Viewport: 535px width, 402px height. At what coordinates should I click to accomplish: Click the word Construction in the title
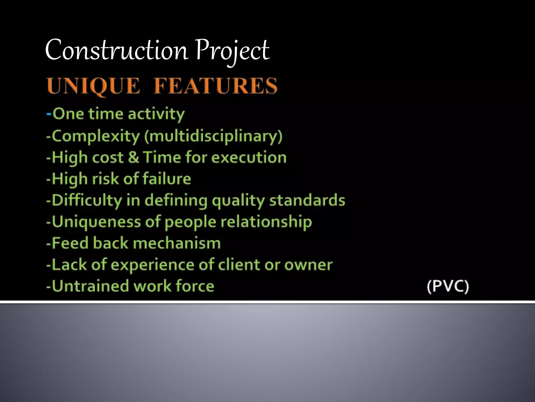point(117,50)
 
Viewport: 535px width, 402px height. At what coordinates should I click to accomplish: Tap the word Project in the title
point(232,50)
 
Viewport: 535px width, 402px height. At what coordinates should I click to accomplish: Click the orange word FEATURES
point(215,86)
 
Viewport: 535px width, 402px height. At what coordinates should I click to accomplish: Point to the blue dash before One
point(49,114)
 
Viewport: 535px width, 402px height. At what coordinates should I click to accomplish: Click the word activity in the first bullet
point(156,114)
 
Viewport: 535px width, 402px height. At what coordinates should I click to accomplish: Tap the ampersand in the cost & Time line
point(133,158)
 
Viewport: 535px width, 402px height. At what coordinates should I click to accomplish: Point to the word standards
point(307,200)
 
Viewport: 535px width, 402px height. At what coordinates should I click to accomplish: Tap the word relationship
point(266,222)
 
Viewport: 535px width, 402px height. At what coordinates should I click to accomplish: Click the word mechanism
point(177,243)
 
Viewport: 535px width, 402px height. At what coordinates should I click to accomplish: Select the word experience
point(153,265)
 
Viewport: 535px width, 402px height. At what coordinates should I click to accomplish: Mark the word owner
point(308,265)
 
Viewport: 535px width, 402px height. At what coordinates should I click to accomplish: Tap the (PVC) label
point(448,286)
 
